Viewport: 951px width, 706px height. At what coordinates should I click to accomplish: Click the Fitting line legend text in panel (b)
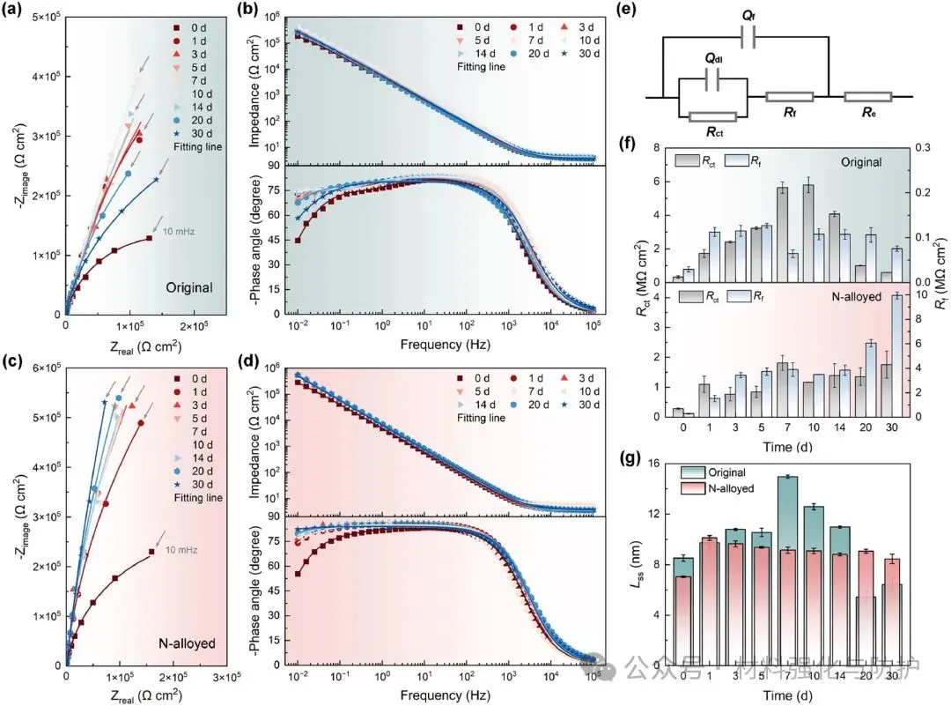click(x=481, y=67)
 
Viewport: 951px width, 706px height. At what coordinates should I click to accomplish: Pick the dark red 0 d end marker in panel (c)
click(x=151, y=552)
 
